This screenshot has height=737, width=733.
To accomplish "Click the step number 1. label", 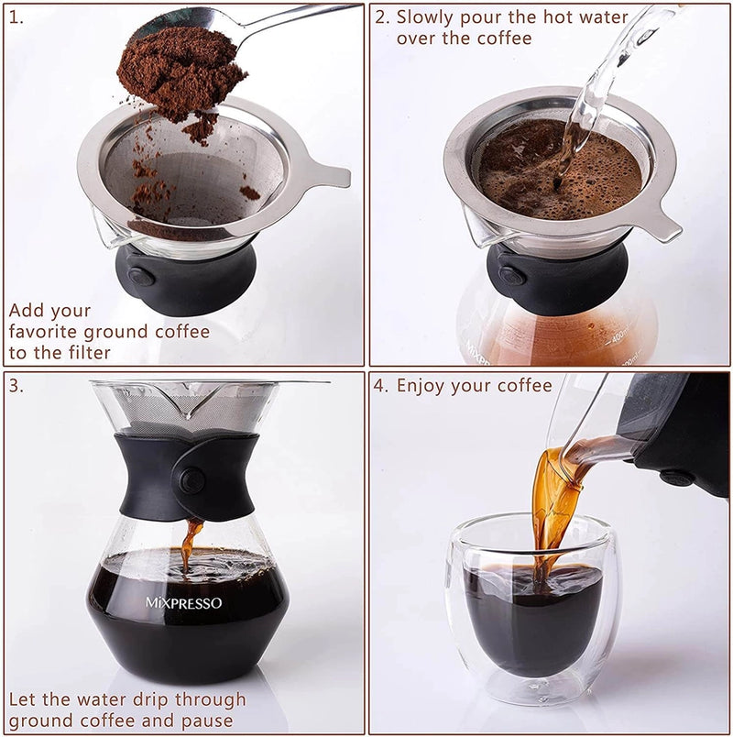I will [x=16, y=17].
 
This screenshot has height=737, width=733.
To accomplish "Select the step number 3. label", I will [x=16, y=385].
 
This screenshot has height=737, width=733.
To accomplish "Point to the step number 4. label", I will [x=382, y=385].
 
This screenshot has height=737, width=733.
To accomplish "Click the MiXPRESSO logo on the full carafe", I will [x=183, y=603].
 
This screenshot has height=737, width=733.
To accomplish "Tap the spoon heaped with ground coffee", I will [x=183, y=69].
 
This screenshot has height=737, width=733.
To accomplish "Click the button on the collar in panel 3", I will [x=191, y=479].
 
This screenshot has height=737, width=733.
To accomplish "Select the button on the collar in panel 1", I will [x=139, y=277].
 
